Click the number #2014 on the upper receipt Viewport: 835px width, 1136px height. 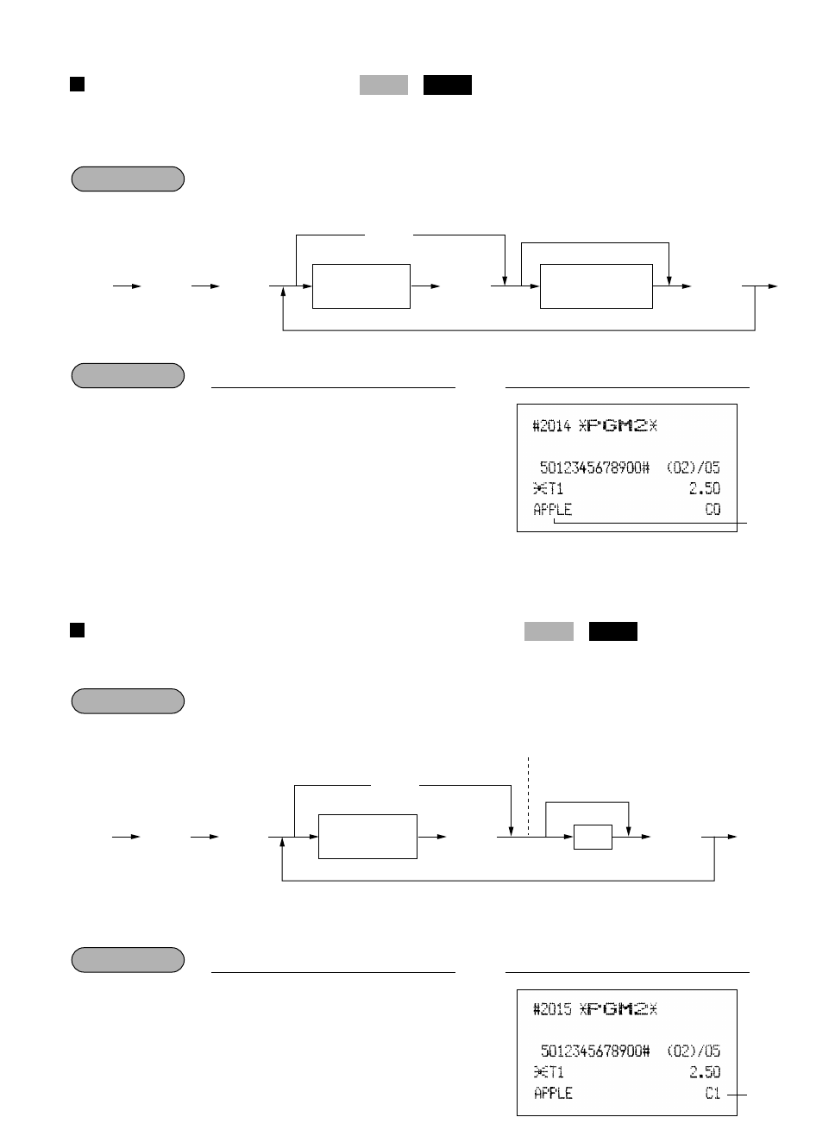click(551, 425)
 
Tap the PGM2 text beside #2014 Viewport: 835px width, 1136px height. click(618, 425)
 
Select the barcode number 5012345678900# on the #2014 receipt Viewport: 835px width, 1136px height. click(594, 468)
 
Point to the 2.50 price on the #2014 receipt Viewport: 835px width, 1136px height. click(704, 488)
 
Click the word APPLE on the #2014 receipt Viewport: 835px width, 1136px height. click(552, 509)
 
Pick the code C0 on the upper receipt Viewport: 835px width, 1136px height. click(713, 509)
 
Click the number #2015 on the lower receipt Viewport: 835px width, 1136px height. click(551, 1009)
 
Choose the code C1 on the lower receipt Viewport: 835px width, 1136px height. click(713, 1093)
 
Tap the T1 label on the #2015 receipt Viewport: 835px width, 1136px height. click(549, 1072)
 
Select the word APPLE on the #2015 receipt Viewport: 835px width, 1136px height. click(553, 1093)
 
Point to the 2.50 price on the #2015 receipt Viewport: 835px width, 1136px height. click(704, 1072)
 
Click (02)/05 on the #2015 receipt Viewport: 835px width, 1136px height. click(694, 1051)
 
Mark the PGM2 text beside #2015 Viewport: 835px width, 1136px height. click(618, 1009)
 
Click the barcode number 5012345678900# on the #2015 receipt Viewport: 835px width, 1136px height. click(595, 1051)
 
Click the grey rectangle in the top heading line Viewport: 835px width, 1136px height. click(384, 85)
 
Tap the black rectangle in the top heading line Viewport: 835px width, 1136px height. click(448, 85)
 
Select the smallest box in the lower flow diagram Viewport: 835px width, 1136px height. click(593, 837)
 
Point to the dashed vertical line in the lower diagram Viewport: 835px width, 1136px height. click(528, 789)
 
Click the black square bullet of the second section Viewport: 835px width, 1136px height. click(77, 630)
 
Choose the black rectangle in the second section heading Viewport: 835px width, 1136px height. click(613, 631)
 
